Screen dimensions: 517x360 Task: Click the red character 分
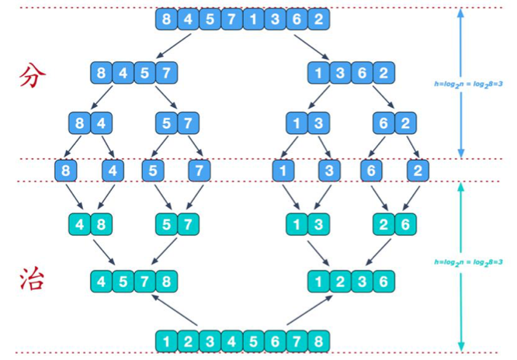(x=33, y=76)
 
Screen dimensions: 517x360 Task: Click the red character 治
(x=32, y=279)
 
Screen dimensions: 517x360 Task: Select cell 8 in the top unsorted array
(x=166, y=19)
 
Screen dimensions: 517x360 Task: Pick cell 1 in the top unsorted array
(x=253, y=19)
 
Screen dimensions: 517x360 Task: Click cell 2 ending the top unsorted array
(x=318, y=19)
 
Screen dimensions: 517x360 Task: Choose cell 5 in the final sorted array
(x=253, y=341)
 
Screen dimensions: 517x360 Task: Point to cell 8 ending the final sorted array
(x=318, y=341)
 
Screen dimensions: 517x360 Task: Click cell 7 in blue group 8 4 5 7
(x=166, y=72)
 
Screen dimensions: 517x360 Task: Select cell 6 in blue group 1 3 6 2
(x=362, y=72)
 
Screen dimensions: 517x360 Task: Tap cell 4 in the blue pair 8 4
(x=101, y=123)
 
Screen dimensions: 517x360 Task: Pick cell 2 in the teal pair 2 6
(x=383, y=224)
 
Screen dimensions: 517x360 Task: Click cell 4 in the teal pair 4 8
(x=79, y=224)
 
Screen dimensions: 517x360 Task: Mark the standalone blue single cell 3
(x=329, y=171)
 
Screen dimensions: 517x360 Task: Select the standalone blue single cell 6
(x=371, y=171)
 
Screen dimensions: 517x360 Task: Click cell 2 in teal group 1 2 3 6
(x=340, y=281)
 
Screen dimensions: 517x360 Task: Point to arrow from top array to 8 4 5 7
(x=174, y=46)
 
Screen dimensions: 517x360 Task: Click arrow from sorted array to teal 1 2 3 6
(x=310, y=310)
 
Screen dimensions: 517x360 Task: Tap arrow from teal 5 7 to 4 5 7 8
(x=164, y=251)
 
